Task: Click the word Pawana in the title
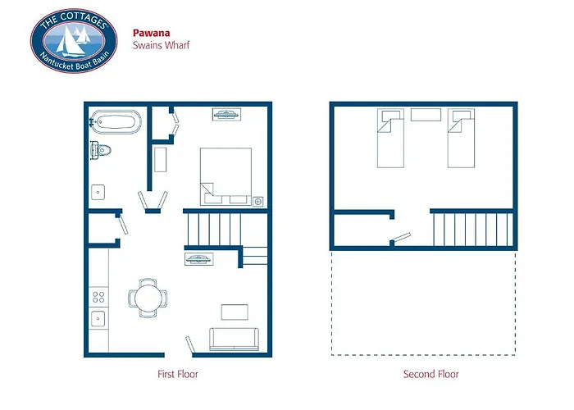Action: point(149,34)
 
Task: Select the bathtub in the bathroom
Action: point(116,122)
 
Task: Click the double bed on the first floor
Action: point(225,175)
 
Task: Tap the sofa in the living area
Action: point(234,338)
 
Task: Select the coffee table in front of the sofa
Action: point(234,312)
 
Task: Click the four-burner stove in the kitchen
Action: point(98,295)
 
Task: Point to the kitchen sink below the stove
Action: point(98,318)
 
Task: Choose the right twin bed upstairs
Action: point(461,136)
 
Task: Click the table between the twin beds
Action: point(425,114)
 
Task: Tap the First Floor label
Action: point(178,375)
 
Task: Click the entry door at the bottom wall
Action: point(189,344)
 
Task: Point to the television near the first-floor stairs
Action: point(200,259)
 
